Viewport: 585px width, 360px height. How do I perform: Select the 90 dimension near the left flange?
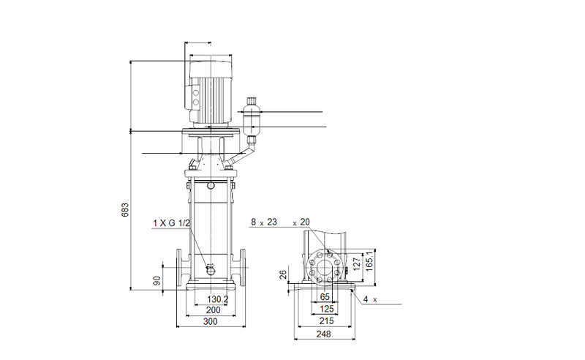point(156,280)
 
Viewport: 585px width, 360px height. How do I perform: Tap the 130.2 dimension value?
point(217,299)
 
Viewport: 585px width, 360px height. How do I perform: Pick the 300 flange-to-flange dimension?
point(211,322)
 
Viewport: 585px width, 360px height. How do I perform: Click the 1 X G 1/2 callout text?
point(172,222)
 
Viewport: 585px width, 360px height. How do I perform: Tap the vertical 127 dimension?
point(357,263)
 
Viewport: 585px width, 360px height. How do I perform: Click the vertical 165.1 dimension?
point(370,261)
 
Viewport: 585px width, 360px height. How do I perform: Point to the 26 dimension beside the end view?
point(284,274)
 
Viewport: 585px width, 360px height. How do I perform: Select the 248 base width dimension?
point(324,334)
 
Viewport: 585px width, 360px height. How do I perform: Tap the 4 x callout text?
point(369,300)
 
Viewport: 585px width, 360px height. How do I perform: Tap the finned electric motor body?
point(210,91)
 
